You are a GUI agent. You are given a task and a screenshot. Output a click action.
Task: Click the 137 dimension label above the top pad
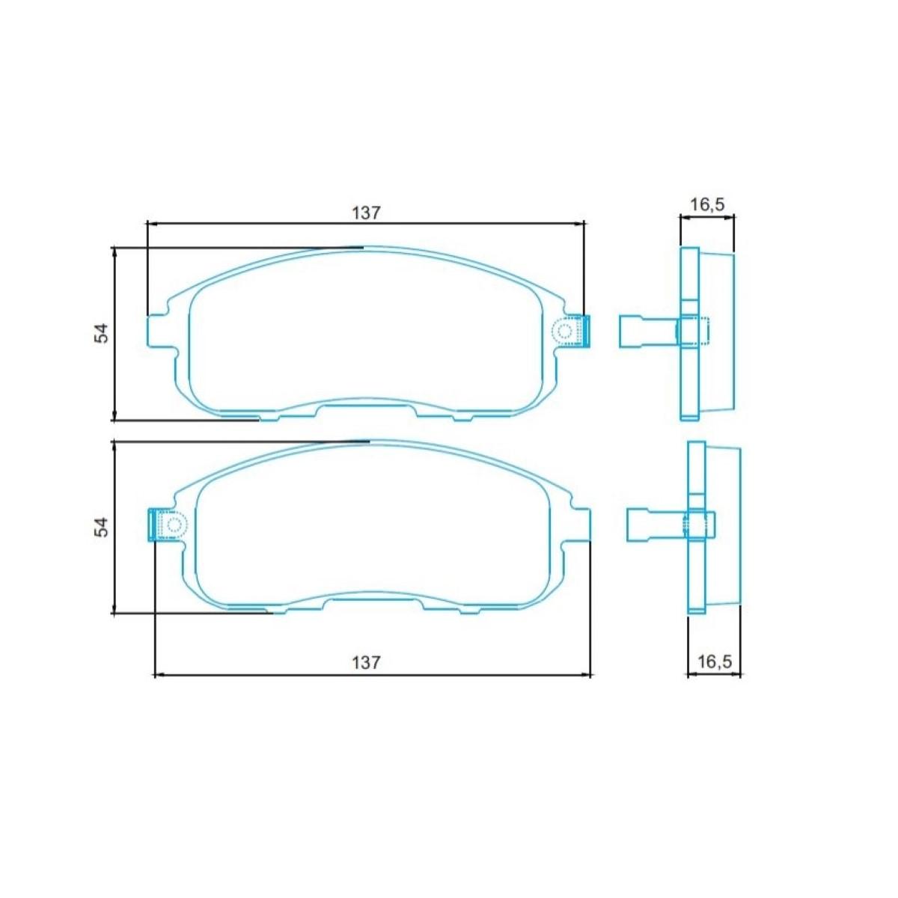pos(366,213)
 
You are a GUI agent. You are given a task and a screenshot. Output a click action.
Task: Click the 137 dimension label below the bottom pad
pos(366,662)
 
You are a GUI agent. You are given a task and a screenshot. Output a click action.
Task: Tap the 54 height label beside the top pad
pos(102,333)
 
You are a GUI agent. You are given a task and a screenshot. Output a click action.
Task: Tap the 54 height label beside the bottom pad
pos(102,527)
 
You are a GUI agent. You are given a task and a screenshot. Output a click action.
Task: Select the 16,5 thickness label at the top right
pos(707,204)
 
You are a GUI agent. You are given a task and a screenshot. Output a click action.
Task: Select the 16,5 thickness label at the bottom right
pos(715,662)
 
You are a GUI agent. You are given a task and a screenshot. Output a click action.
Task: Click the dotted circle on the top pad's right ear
pos(565,332)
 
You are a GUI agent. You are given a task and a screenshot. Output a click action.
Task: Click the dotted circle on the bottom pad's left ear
pos(174,525)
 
